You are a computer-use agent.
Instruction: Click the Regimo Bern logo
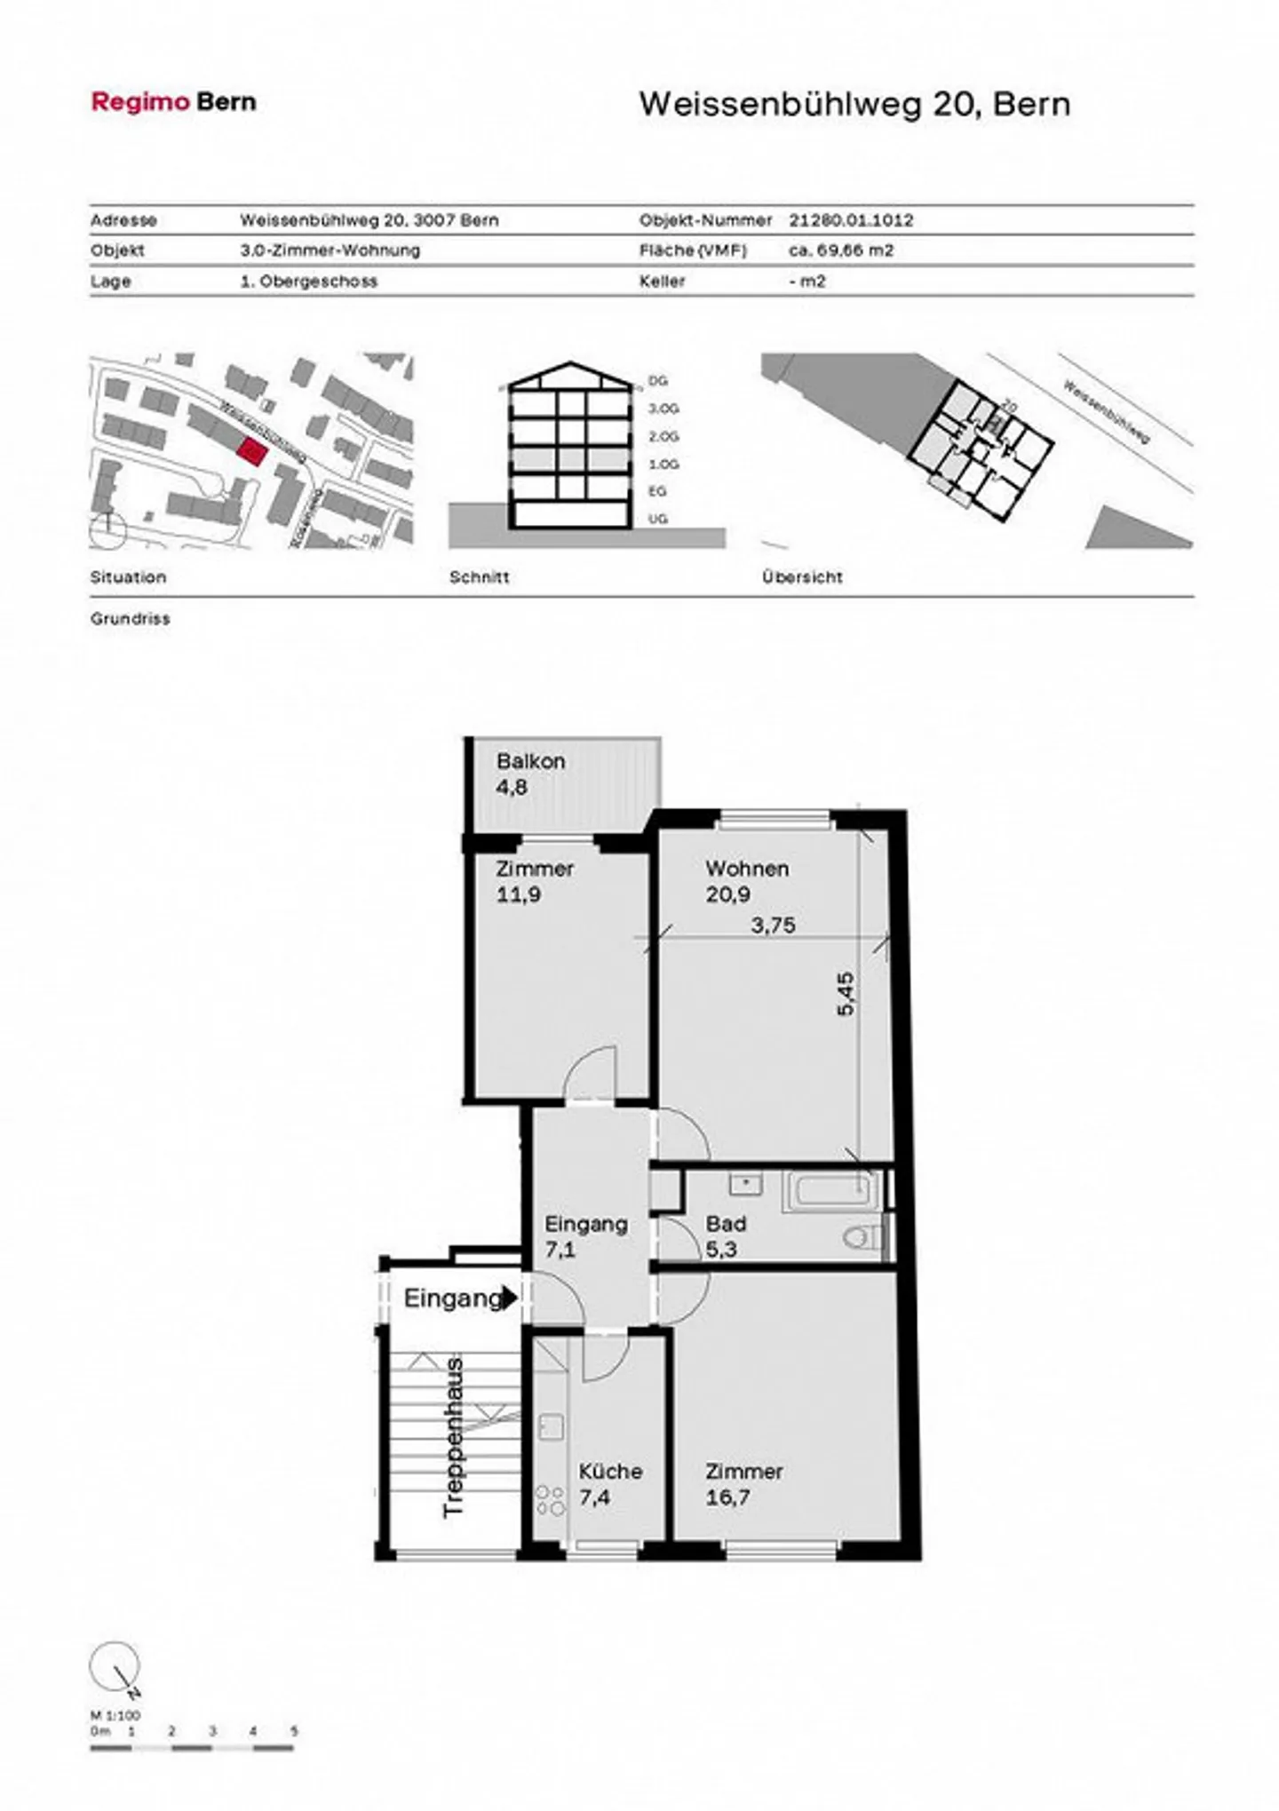173,102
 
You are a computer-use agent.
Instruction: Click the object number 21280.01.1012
850,220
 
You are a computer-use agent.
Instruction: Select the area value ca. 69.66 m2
840,250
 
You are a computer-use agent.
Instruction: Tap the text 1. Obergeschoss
308,282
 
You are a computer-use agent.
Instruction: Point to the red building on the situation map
252,452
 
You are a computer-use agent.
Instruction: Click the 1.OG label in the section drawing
663,465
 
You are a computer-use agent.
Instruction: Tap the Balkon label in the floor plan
530,761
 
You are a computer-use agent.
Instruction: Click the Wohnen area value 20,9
727,894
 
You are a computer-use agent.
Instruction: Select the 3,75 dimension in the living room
773,925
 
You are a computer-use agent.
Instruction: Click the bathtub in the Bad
830,1191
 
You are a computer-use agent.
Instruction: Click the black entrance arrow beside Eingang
509,1299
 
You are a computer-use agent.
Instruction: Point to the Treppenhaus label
453,1436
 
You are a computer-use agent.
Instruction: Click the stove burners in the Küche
550,1500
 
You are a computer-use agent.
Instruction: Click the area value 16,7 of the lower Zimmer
727,1497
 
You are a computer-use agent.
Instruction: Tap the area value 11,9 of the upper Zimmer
518,894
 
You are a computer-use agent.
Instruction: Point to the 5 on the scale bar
294,1731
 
